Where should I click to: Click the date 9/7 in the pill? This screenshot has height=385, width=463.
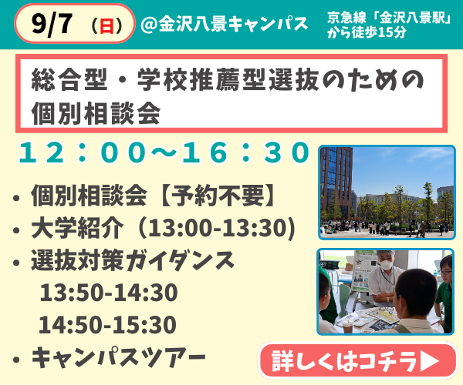52,24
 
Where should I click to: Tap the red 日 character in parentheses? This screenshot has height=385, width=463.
106,25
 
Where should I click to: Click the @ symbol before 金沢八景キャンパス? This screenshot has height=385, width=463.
149,24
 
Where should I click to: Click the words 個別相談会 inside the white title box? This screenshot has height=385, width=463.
96,113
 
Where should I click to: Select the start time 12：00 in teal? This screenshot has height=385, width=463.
83,152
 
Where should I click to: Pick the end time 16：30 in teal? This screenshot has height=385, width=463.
245,152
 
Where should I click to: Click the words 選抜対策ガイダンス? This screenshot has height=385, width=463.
133,260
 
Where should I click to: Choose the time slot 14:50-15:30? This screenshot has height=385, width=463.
108,324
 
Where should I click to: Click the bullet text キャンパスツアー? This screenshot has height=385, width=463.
118,357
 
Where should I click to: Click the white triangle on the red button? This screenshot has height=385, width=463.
430,360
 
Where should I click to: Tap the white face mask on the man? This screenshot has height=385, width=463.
386,265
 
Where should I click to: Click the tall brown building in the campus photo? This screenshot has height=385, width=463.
336,182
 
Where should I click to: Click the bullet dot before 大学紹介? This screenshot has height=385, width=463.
16,230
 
